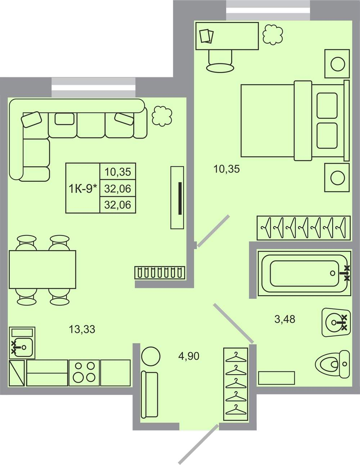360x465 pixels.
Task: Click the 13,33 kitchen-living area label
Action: point(82,329)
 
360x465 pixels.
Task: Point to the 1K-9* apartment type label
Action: point(82,189)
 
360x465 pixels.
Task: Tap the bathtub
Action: point(304,274)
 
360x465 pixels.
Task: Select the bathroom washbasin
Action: point(336,322)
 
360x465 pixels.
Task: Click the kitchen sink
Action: point(22,343)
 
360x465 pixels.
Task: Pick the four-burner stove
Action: point(84,373)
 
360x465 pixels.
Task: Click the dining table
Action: point(42,270)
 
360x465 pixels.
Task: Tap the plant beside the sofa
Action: point(162,116)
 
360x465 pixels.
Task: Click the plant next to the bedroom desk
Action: point(273,35)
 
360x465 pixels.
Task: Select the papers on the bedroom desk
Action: point(207,36)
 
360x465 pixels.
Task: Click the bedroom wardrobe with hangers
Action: point(304,228)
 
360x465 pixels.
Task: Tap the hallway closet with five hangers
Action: point(236,384)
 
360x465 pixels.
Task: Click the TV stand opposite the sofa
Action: point(177,198)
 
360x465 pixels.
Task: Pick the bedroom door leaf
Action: point(213,231)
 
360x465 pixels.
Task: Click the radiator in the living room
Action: point(160,272)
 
